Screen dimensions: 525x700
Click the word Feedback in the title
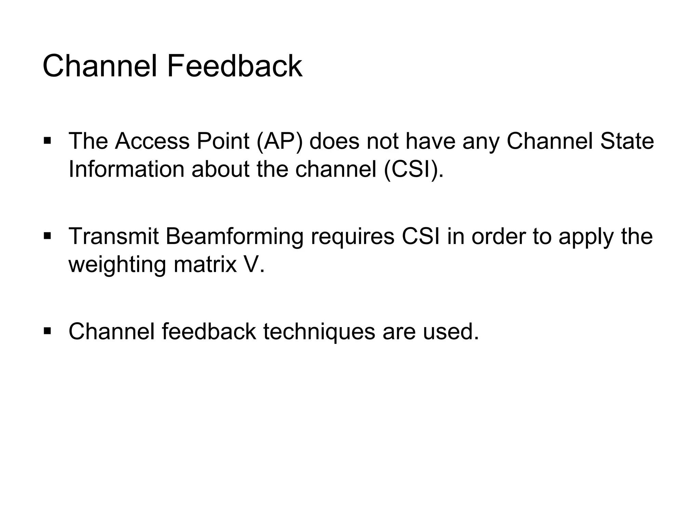click(x=234, y=66)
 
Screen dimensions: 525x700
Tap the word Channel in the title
click(x=100, y=66)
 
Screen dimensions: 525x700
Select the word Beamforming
click(x=235, y=237)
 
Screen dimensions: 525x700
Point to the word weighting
click(x=117, y=265)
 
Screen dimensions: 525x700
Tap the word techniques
click(x=319, y=332)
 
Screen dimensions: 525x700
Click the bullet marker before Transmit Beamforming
click(x=48, y=235)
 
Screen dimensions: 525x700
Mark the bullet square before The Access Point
click(x=48, y=140)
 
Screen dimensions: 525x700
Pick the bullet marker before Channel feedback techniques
click(x=48, y=331)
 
